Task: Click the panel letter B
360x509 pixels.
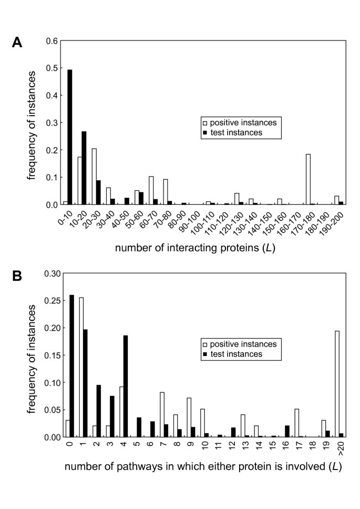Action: tap(17, 276)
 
